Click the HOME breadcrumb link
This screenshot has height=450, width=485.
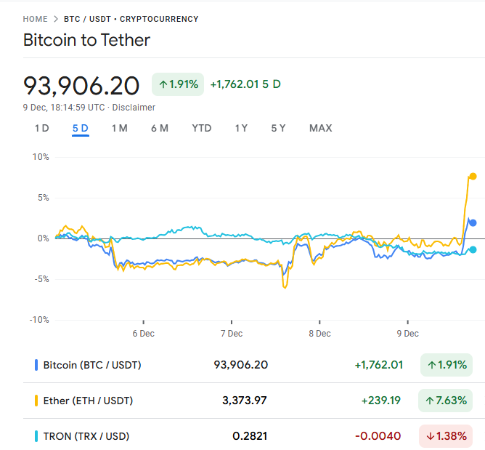(x=35, y=19)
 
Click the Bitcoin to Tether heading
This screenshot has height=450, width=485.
(x=87, y=40)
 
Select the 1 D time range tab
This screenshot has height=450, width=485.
(x=41, y=128)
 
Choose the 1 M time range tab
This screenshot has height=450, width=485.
(x=119, y=128)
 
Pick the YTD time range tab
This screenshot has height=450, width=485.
(x=201, y=128)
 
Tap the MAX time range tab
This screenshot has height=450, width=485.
(x=320, y=128)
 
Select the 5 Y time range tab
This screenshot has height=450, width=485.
(x=278, y=128)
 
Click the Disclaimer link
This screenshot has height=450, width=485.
(x=134, y=108)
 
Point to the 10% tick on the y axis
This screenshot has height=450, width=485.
(x=40, y=156)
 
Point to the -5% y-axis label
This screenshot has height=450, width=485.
(x=39, y=278)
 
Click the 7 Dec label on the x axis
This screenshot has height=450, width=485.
(x=231, y=334)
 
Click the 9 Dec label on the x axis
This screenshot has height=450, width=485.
(x=407, y=334)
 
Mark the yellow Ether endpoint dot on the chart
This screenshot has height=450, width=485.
(x=473, y=176)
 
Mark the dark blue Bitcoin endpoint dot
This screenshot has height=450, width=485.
(x=473, y=222)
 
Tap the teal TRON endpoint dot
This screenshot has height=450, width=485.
(x=473, y=249)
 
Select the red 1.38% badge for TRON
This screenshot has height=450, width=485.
(x=445, y=436)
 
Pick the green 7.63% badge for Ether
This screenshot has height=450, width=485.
(x=445, y=401)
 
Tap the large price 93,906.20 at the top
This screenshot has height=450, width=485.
(x=81, y=86)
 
